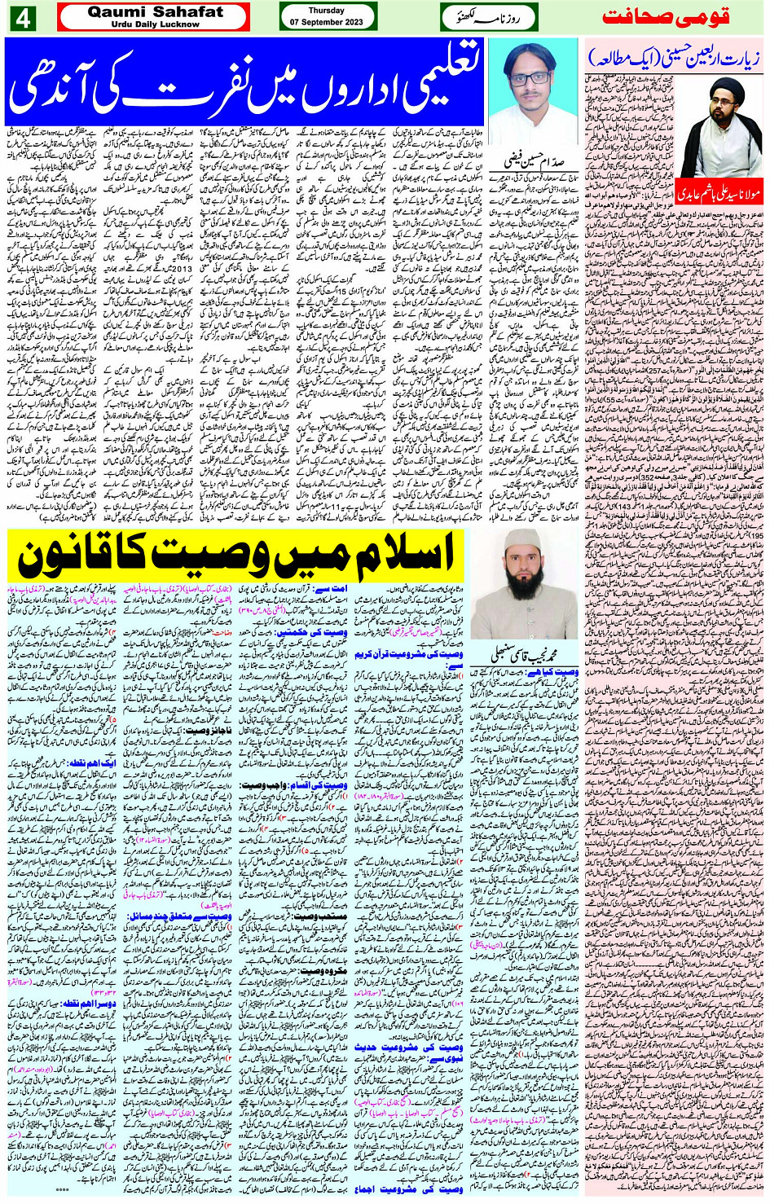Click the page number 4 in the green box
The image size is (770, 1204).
click(22, 17)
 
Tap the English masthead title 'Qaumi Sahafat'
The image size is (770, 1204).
click(155, 11)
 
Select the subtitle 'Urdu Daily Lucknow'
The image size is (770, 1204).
click(155, 24)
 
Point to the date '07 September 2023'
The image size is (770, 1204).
click(327, 23)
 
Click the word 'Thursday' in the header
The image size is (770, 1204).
click(327, 11)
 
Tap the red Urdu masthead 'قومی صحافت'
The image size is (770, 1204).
click(666, 16)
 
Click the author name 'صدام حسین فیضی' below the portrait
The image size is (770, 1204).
click(536, 138)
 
